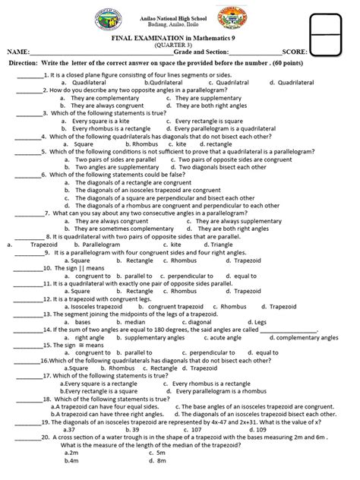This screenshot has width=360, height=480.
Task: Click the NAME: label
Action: tap(22, 52)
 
